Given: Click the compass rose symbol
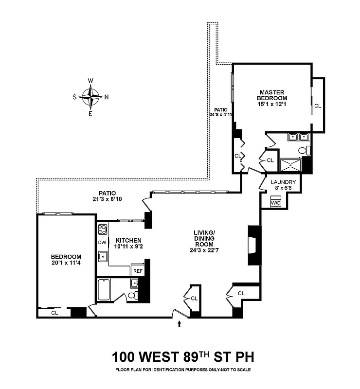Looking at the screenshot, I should point(90,96).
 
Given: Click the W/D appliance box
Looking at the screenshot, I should point(275,202).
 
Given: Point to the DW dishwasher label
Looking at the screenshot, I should point(102,242).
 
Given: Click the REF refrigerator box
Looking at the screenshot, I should point(138,271).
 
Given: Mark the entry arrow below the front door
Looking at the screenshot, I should point(180,323).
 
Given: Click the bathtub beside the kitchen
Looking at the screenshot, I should point(104,290).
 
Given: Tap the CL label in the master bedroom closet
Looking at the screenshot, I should point(318,106).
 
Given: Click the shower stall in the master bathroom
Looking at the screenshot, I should point(292,164).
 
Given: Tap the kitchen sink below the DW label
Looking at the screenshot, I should point(103,256).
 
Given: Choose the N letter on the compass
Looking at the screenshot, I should point(107,96).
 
